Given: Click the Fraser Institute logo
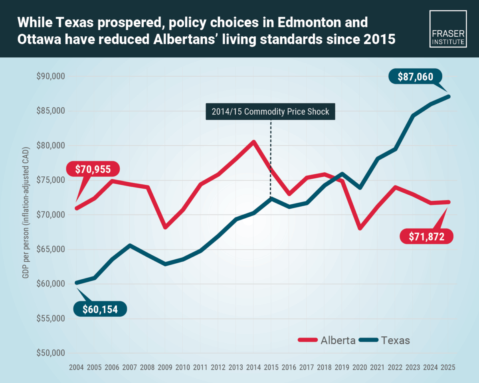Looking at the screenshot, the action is point(448,29).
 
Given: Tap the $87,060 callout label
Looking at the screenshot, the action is point(416,77).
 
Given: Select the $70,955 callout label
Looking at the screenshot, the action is point(93,169).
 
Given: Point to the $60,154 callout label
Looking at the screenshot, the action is point(100,309).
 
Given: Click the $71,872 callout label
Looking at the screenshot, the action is point(426,236).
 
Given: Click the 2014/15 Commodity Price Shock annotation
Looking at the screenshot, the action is point(270,111).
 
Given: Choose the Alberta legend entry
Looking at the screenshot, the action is point(327,340).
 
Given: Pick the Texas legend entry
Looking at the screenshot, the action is point(384,340).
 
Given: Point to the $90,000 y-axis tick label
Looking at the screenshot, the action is point(51,76).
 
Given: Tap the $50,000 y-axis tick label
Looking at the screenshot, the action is point(51,353).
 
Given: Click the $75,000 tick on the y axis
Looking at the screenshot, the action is point(51,180).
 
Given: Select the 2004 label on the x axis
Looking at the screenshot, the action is point(76,367).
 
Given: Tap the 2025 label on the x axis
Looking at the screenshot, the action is point(448,367).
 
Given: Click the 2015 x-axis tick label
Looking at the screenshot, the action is point(271,367).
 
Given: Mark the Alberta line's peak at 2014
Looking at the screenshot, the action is point(253,142).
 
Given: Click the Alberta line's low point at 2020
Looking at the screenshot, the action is point(360,228).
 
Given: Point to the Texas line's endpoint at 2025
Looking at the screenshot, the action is point(448,97).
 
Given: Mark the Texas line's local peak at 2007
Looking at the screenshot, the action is point(130,245).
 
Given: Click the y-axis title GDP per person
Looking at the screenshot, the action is point(26,213).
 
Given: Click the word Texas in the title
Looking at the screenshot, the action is point(75,22).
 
